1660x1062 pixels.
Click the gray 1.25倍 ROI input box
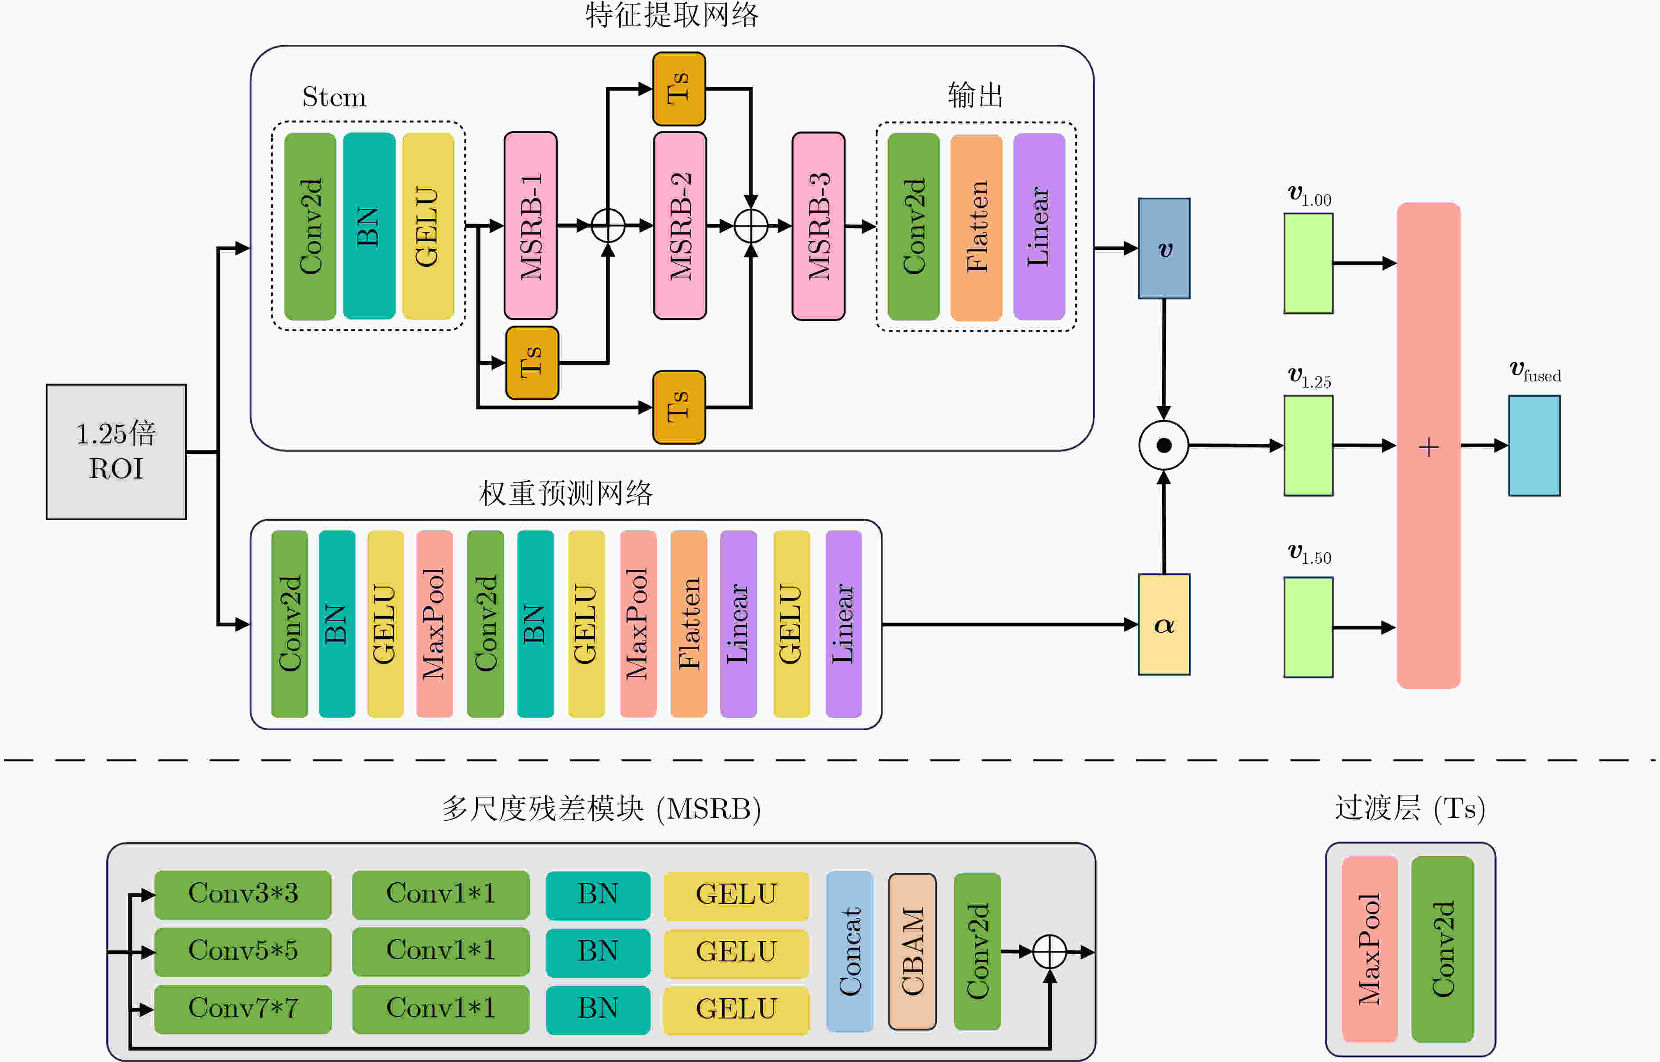116,452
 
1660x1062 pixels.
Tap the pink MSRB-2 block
680,225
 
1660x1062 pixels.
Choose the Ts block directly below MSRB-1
532,363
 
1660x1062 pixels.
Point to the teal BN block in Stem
369,225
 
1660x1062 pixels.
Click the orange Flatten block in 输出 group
976,227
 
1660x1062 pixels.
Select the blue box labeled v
1164,248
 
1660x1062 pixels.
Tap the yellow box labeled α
1164,624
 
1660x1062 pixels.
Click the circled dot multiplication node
1164,446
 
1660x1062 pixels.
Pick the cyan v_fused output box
1534,446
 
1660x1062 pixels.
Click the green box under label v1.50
1308,627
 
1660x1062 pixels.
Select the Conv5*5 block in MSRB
243,951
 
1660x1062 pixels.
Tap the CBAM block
912,952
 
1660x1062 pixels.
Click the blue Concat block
850,952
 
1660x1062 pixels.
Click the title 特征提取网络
672,15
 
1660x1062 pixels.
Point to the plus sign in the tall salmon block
1429,447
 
